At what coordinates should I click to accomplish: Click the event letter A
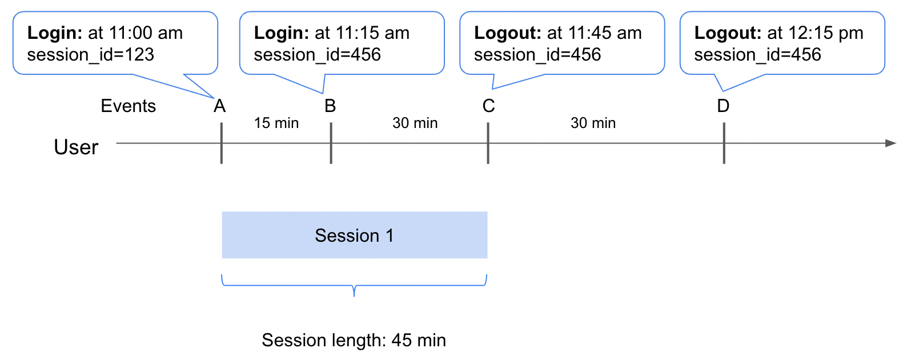click(x=219, y=106)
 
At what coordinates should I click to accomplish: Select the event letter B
click(x=330, y=106)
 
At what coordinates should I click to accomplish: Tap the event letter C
click(x=488, y=106)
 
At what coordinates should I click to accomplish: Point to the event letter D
click(x=723, y=106)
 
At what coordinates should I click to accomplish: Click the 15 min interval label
click(x=276, y=123)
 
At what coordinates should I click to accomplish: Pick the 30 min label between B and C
click(x=415, y=123)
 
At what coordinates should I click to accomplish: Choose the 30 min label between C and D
click(x=593, y=123)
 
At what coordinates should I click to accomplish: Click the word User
click(x=76, y=147)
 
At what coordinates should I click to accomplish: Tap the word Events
click(x=128, y=106)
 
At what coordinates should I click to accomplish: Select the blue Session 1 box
click(x=354, y=235)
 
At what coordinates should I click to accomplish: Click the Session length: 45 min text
click(x=354, y=340)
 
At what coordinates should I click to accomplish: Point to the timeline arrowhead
click(x=890, y=143)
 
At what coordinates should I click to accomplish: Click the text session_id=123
click(x=90, y=55)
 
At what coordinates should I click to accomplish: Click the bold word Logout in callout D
click(x=727, y=33)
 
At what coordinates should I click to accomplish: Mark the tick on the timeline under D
click(x=724, y=143)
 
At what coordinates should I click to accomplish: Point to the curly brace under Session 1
click(x=354, y=286)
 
